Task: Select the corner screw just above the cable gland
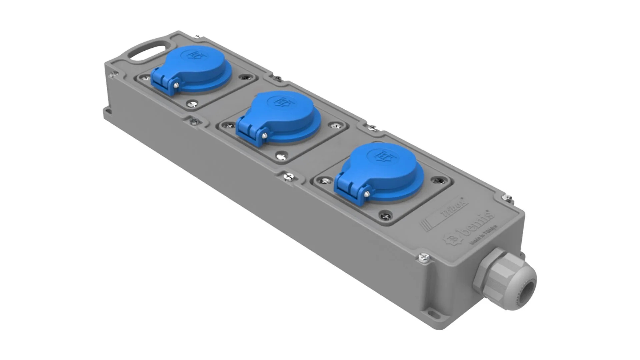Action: coord(424,257)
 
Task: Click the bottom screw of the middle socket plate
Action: coord(282,156)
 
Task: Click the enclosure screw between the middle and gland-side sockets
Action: coord(288,177)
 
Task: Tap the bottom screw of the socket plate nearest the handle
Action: coord(192,104)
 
